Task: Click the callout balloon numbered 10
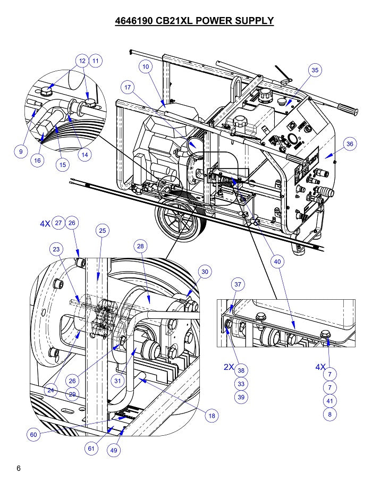click(x=146, y=66)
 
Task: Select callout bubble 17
click(x=128, y=87)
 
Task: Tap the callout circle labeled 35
click(x=315, y=70)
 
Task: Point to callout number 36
click(x=350, y=144)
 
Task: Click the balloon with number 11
click(x=96, y=61)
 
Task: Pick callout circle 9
click(x=21, y=151)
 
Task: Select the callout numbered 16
click(x=37, y=161)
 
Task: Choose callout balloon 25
click(x=103, y=230)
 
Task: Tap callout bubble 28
click(x=140, y=246)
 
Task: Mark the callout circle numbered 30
click(x=205, y=272)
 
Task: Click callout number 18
click(x=212, y=416)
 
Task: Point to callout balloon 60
click(x=33, y=434)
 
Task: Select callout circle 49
click(x=114, y=450)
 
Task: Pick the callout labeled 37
click(x=238, y=284)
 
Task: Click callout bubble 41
click(x=329, y=401)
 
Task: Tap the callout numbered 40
click(x=277, y=261)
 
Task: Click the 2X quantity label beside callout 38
click(x=229, y=367)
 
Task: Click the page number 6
click(x=19, y=468)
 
